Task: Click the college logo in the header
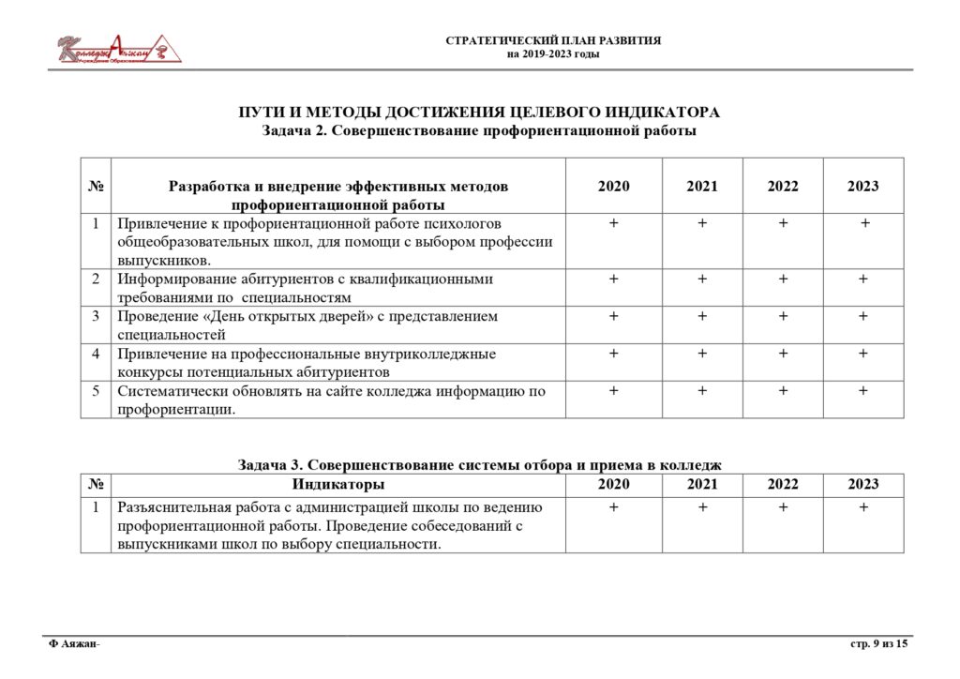[x=118, y=49]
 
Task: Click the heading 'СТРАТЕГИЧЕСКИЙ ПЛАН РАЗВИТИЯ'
[x=553, y=41]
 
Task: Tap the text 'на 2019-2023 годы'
[x=553, y=54]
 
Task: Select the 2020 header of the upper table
[x=614, y=186]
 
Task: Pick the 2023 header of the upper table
[x=863, y=186]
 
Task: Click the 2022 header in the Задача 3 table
[x=783, y=484]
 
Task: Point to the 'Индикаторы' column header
[x=337, y=484]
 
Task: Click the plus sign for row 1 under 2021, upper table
[x=702, y=223]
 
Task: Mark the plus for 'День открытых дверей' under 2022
[x=783, y=316]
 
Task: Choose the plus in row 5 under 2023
[x=863, y=391]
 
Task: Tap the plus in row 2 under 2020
[x=614, y=279]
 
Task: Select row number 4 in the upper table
[x=96, y=354]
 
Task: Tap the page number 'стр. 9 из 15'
[x=878, y=643]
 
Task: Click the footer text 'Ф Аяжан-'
[x=74, y=643]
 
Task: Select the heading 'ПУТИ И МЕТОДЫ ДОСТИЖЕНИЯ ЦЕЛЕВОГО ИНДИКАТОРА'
[x=479, y=113]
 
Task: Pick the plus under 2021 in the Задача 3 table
[x=702, y=507]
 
